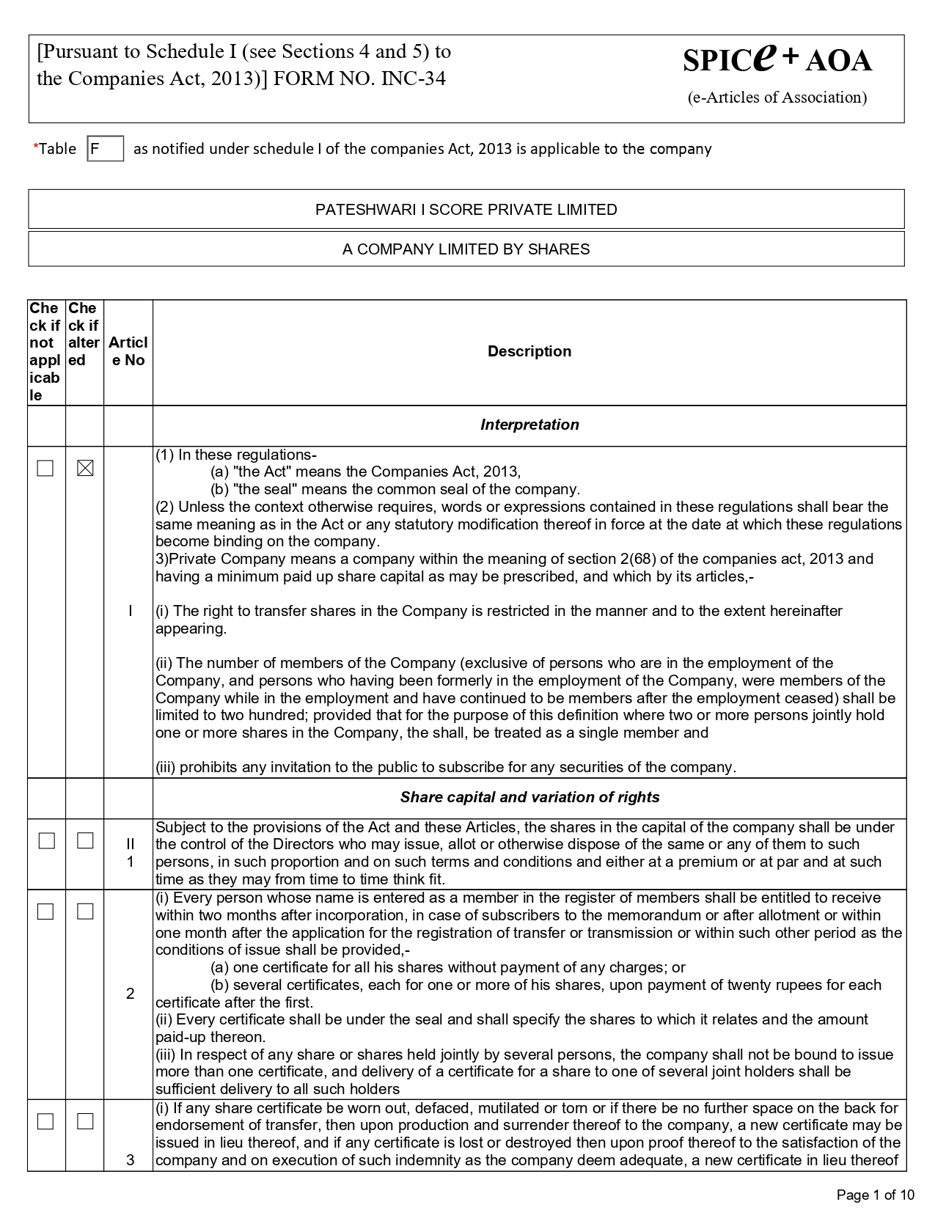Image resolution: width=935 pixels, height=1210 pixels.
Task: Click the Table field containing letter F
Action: coord(105,149)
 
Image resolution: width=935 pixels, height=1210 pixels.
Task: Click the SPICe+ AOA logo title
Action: coord(777,59)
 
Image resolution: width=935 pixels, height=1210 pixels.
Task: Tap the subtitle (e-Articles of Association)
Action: coord(777,98)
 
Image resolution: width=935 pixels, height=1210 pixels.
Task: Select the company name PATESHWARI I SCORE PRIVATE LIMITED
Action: coord(466,210)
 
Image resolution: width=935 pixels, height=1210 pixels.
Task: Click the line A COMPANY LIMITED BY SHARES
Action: coord(466,249)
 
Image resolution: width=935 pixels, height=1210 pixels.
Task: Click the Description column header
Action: coord(529,351)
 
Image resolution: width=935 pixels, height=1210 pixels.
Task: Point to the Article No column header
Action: coord(128,351)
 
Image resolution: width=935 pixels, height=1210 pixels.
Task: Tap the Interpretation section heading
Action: coord(529,425)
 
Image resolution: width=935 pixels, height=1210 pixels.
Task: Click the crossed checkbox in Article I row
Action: coord(85,468)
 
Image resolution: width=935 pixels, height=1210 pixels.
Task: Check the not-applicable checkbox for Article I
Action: coord(45,468)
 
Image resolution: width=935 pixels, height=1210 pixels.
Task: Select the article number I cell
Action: coord(130,611)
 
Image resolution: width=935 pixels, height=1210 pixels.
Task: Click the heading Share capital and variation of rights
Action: coord(529,797)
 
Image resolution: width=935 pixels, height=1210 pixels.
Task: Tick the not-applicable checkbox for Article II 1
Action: coord(46,840)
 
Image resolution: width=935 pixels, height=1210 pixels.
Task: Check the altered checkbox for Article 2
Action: coord(85,912)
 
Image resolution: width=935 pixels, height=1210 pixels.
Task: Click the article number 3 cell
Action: coord(130,1159)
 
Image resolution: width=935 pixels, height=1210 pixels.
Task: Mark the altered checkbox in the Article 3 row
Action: coord(85,1121)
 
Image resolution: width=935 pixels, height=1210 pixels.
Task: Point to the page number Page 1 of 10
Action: coord(876,1195)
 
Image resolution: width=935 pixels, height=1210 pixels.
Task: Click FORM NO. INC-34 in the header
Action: coord(359,78)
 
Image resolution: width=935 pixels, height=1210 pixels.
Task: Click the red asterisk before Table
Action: coord(35,148)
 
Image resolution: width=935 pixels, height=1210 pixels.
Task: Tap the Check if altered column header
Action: coord(84,334)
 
